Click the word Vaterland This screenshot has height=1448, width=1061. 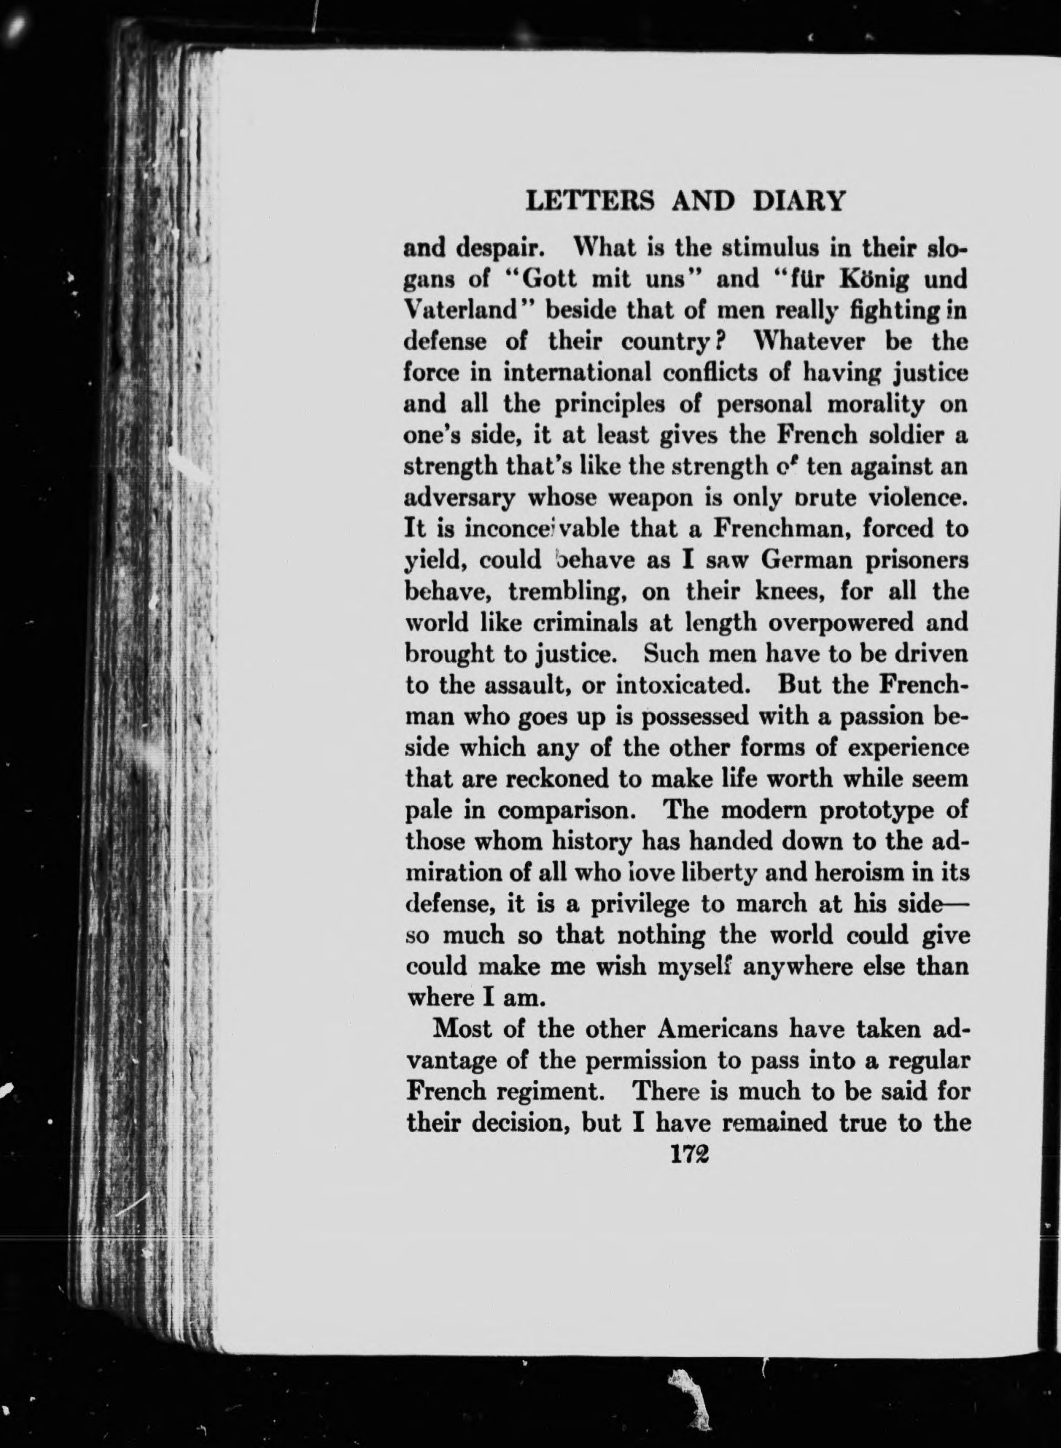click(x=465, y=311)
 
